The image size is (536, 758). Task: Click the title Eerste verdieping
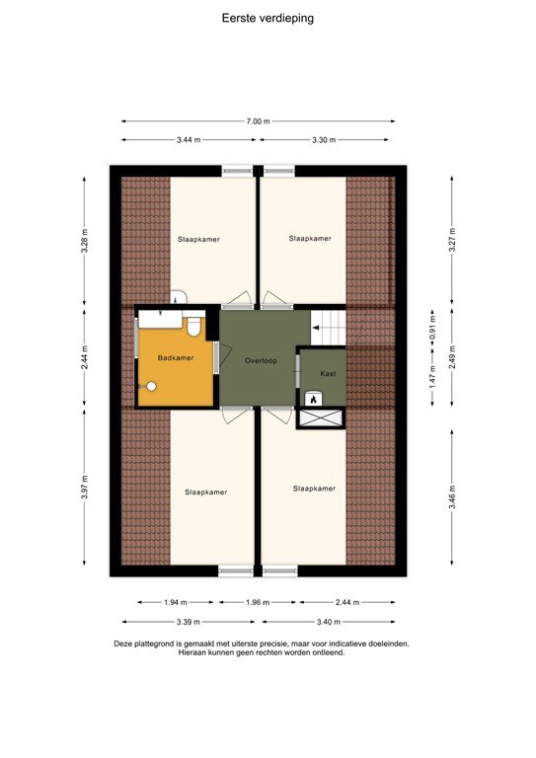point(268,17)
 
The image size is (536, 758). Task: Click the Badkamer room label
point(176,358)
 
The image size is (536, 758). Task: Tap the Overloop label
point(262,361)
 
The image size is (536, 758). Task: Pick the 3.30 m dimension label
point(326,140)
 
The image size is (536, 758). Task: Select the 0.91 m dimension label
point(431,328)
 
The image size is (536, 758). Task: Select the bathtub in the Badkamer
point(160,319)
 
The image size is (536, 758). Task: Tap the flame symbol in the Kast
point(314,399)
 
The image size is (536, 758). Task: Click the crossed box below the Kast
point(321,418)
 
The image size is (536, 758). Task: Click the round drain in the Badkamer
point(151,387)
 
